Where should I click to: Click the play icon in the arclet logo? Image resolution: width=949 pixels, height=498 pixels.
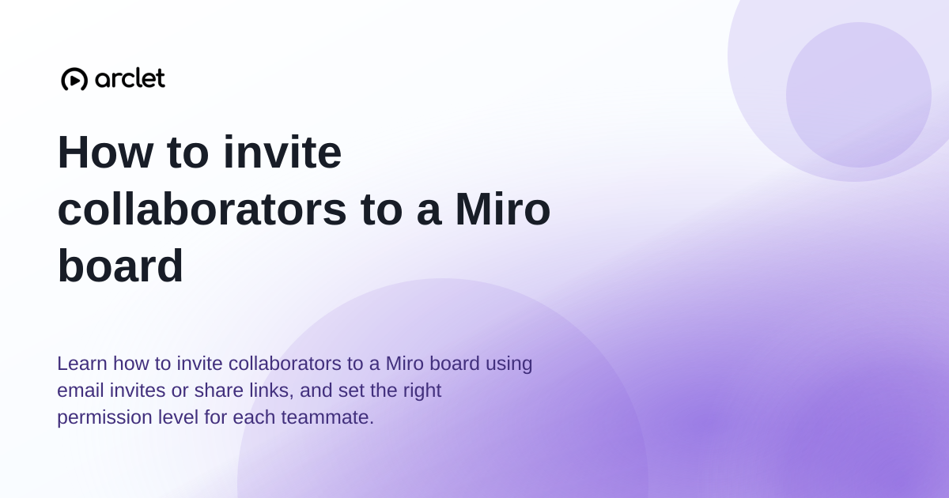(74, 79)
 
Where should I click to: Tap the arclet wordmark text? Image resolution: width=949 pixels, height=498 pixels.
(130, 78)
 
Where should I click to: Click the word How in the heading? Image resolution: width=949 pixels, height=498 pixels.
(105, 152)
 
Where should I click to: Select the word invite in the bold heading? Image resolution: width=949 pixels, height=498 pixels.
(282, 152)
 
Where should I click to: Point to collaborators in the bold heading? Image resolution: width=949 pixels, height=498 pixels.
(202, 209)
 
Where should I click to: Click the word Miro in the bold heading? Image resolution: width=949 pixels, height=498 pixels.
(502, 209)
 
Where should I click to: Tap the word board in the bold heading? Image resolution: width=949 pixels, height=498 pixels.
(120, 266)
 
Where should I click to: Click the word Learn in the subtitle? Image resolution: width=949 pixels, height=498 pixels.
(82, 364)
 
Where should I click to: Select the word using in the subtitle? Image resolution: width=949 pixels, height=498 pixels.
(509, 364)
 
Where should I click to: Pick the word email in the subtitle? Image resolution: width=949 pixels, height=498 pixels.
(81, 390)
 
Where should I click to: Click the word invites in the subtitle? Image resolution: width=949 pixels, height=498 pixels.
(138, 390)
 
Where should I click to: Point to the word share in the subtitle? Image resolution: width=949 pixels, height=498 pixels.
(218, 390)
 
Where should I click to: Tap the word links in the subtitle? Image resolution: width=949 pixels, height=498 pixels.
(271, 390)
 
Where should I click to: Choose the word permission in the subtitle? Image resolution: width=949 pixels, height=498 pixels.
(104, 418)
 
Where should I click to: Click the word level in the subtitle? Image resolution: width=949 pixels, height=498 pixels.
(179, 417)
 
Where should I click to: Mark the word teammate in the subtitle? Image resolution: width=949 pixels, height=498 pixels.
(327, 417)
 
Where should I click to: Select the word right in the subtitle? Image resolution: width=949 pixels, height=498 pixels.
(422, 390)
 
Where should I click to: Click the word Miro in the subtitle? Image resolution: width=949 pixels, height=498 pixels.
(405, 364)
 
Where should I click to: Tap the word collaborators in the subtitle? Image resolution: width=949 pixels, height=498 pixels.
(285, 364)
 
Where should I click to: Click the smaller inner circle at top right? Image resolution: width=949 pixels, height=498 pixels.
(858, 95)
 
